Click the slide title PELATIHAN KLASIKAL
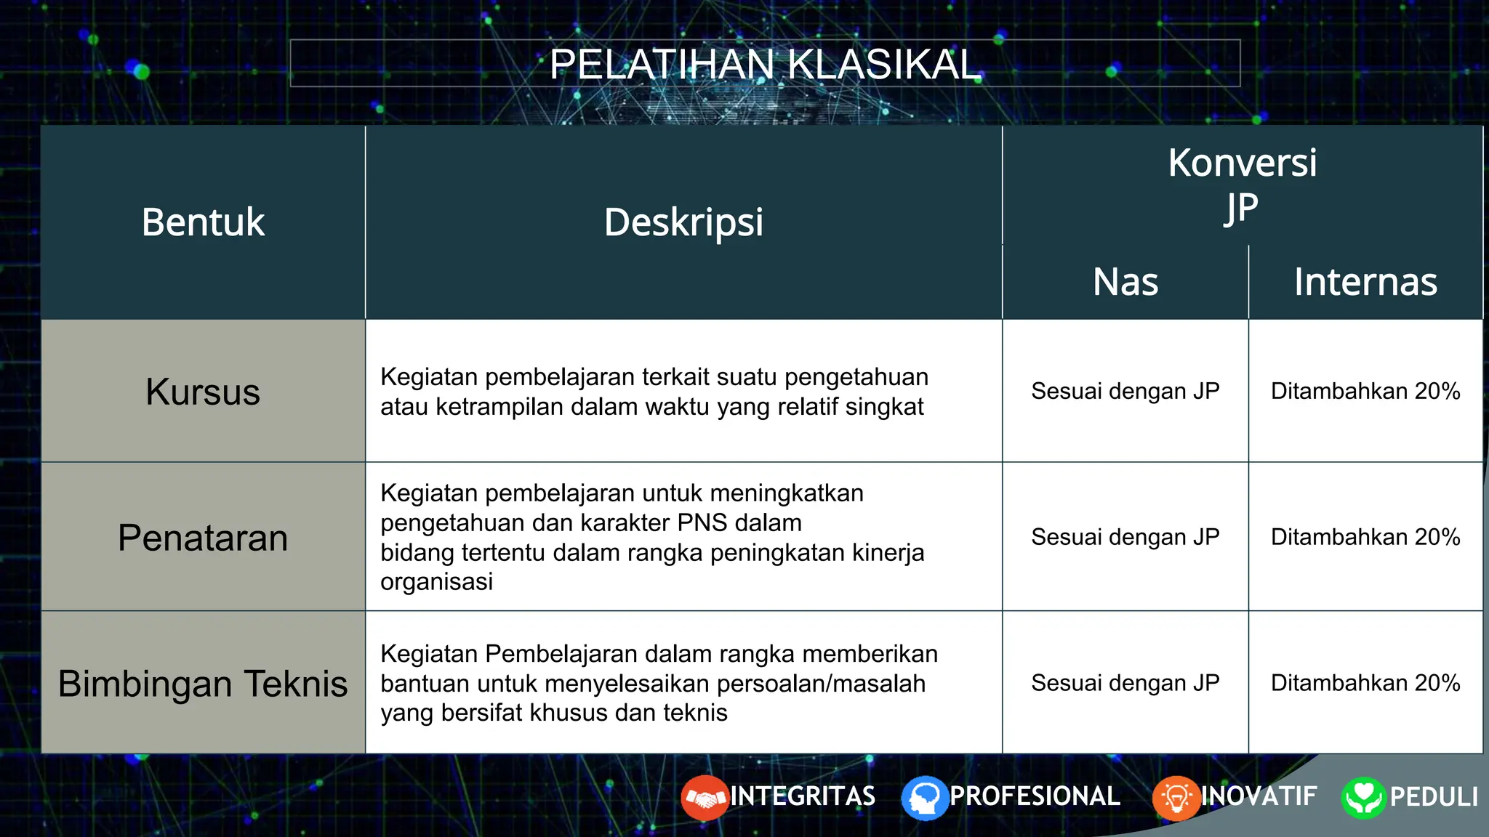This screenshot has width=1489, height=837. pyautogui.click(x=765, y=64)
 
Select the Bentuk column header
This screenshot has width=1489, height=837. pyautogui.click(x=203, y=222)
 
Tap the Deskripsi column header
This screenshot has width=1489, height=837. pyautogui.click(x=683, y=222)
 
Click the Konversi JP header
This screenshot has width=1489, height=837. pyautogui.click(x=1242, y=185)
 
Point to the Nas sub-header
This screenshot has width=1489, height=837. pyautogui.click(x=1125, y=282)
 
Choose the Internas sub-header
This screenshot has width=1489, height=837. pyautogui.click(x=1365, y=282)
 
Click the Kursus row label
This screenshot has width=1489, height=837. pyautogui.click(x=203, y=392)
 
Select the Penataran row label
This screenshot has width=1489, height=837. pyautogui.click(x=203, y=538)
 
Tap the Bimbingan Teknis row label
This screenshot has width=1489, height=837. pyautogui.click(x=203, y=684)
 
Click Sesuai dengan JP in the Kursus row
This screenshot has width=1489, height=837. pyautogui.click(x=1125, y=392)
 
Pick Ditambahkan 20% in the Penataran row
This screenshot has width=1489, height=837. pyautogui.click(x=1365, y=538)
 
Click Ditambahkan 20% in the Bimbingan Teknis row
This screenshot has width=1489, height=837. pyautogui.click(x=1365, y=684)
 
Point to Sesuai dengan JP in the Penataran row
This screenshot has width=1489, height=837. pyautogui.click(x=1125, y=538)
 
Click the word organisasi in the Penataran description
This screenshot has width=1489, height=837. pyautogui.click(x=436, y=583)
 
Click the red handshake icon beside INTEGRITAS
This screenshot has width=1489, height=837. pyautogui.click(x=705, y=798)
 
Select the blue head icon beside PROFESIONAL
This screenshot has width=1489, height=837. pyautogui.click(x=925, y=798)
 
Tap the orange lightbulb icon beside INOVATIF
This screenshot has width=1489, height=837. pyautogui.click(x=1176, y=798)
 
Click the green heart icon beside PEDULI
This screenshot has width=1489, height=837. pyautogui.click(x=1363, y=798)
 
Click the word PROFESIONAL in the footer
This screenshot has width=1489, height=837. pyautogui.click(x=1035, y=796)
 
